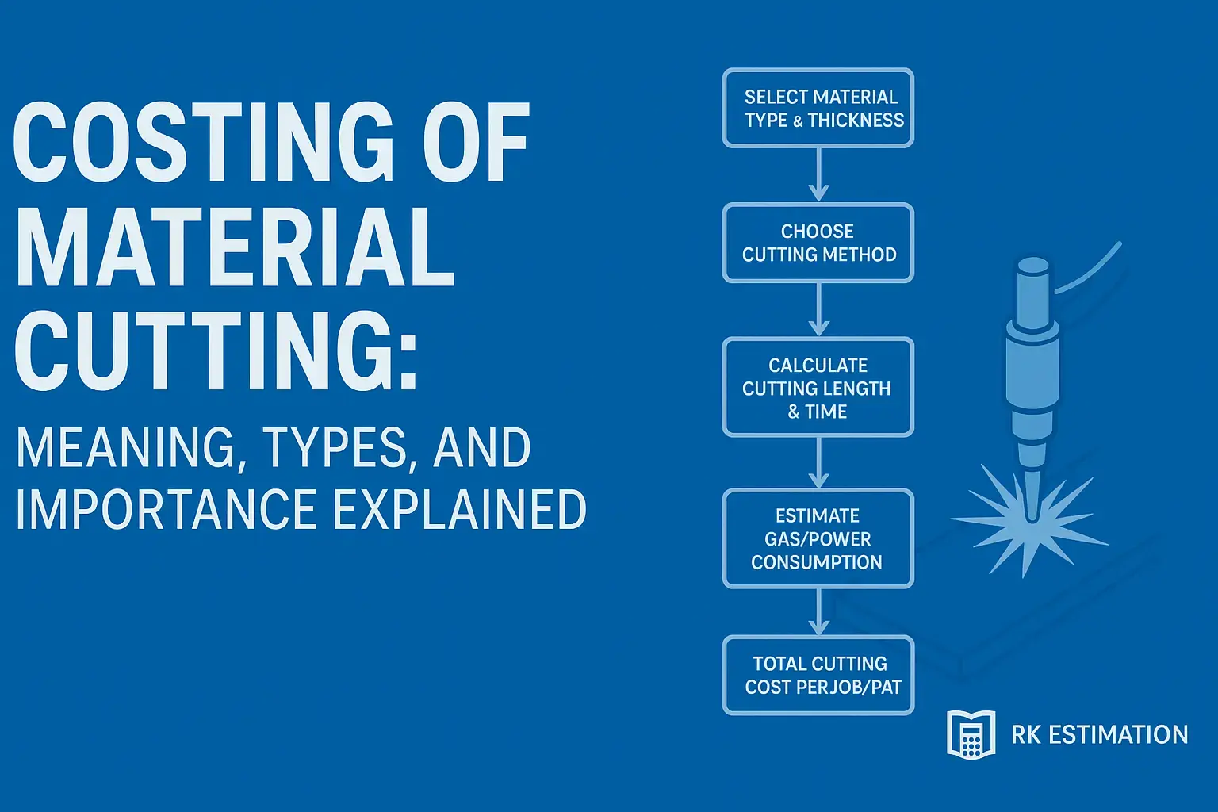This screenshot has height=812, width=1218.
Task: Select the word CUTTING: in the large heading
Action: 216,350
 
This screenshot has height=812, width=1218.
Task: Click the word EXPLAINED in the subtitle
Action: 459,509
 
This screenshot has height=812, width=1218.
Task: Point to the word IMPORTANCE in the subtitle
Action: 167,509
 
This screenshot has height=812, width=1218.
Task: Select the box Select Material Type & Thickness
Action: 818,108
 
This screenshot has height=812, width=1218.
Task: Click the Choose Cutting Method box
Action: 818,243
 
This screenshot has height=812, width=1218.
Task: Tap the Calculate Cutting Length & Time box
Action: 818,388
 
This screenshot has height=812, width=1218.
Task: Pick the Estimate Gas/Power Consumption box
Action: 818,538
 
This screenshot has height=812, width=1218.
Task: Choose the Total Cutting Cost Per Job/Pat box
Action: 818,675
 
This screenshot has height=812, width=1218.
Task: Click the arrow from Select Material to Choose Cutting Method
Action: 818,176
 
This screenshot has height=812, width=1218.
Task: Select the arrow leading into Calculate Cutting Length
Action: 818,311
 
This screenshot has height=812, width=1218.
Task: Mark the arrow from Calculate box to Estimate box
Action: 818,463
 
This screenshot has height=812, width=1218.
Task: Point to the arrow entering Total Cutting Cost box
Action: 818,612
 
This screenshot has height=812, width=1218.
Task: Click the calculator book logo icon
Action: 971,734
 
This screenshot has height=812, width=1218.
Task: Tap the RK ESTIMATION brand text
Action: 1099,735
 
